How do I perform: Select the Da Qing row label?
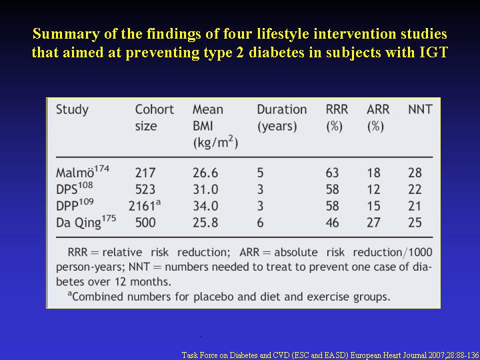[x=86, y=222]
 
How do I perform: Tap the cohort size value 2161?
[x=145, y=206]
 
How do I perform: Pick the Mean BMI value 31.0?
[x=205, y=189]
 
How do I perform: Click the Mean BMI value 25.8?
[x=205, y=223]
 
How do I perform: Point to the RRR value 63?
[x=333, y=173]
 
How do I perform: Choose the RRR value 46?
[x=333, y=223]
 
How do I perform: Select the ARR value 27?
[x=373, y=223]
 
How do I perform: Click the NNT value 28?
[x=415, y=173]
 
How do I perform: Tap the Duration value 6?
[x=260, y=223]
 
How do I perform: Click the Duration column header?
[x=281, y=118]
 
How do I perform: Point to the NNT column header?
[x=420, y=109]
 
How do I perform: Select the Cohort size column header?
[x=154, y=118]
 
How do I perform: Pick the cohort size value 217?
[x=145, y=173]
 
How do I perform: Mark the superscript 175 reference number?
[x=109, y=220]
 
